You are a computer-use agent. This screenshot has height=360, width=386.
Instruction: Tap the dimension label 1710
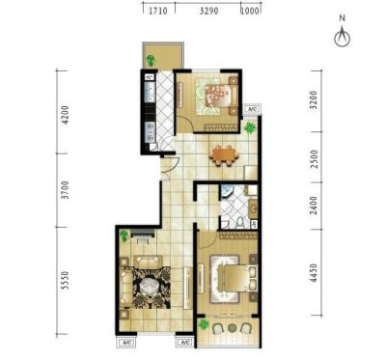(158, 11)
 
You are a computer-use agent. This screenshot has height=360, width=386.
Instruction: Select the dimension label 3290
(209, 11)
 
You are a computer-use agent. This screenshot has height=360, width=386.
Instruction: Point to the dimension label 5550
(65, 281)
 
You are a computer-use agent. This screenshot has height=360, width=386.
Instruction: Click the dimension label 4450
(314, 273)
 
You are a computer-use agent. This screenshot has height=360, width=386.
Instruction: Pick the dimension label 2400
(314, 206)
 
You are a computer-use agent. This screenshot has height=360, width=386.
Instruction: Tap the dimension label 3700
(65, 190)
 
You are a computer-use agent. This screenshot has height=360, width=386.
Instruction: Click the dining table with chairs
(224, 155)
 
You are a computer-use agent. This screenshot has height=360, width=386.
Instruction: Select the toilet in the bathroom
(239, 223)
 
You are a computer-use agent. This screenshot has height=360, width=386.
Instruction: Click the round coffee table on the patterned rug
(149, 285)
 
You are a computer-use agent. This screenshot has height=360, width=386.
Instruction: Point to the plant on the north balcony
(151, 60)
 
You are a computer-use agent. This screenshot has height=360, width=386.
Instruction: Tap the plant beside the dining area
(250, 128)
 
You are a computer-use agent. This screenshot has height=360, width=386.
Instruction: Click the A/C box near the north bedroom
(252, 109)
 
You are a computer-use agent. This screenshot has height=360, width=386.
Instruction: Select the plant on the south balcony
(204, 324)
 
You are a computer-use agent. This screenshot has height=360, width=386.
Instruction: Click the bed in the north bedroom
(218, 96)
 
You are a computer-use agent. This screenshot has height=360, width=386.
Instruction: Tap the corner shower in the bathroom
(227, 191)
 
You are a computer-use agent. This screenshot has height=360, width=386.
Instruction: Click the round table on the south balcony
(232, 328)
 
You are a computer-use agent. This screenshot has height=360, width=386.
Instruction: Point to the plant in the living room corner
(124, 236)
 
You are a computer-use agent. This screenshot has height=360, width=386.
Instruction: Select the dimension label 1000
(250, 11)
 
